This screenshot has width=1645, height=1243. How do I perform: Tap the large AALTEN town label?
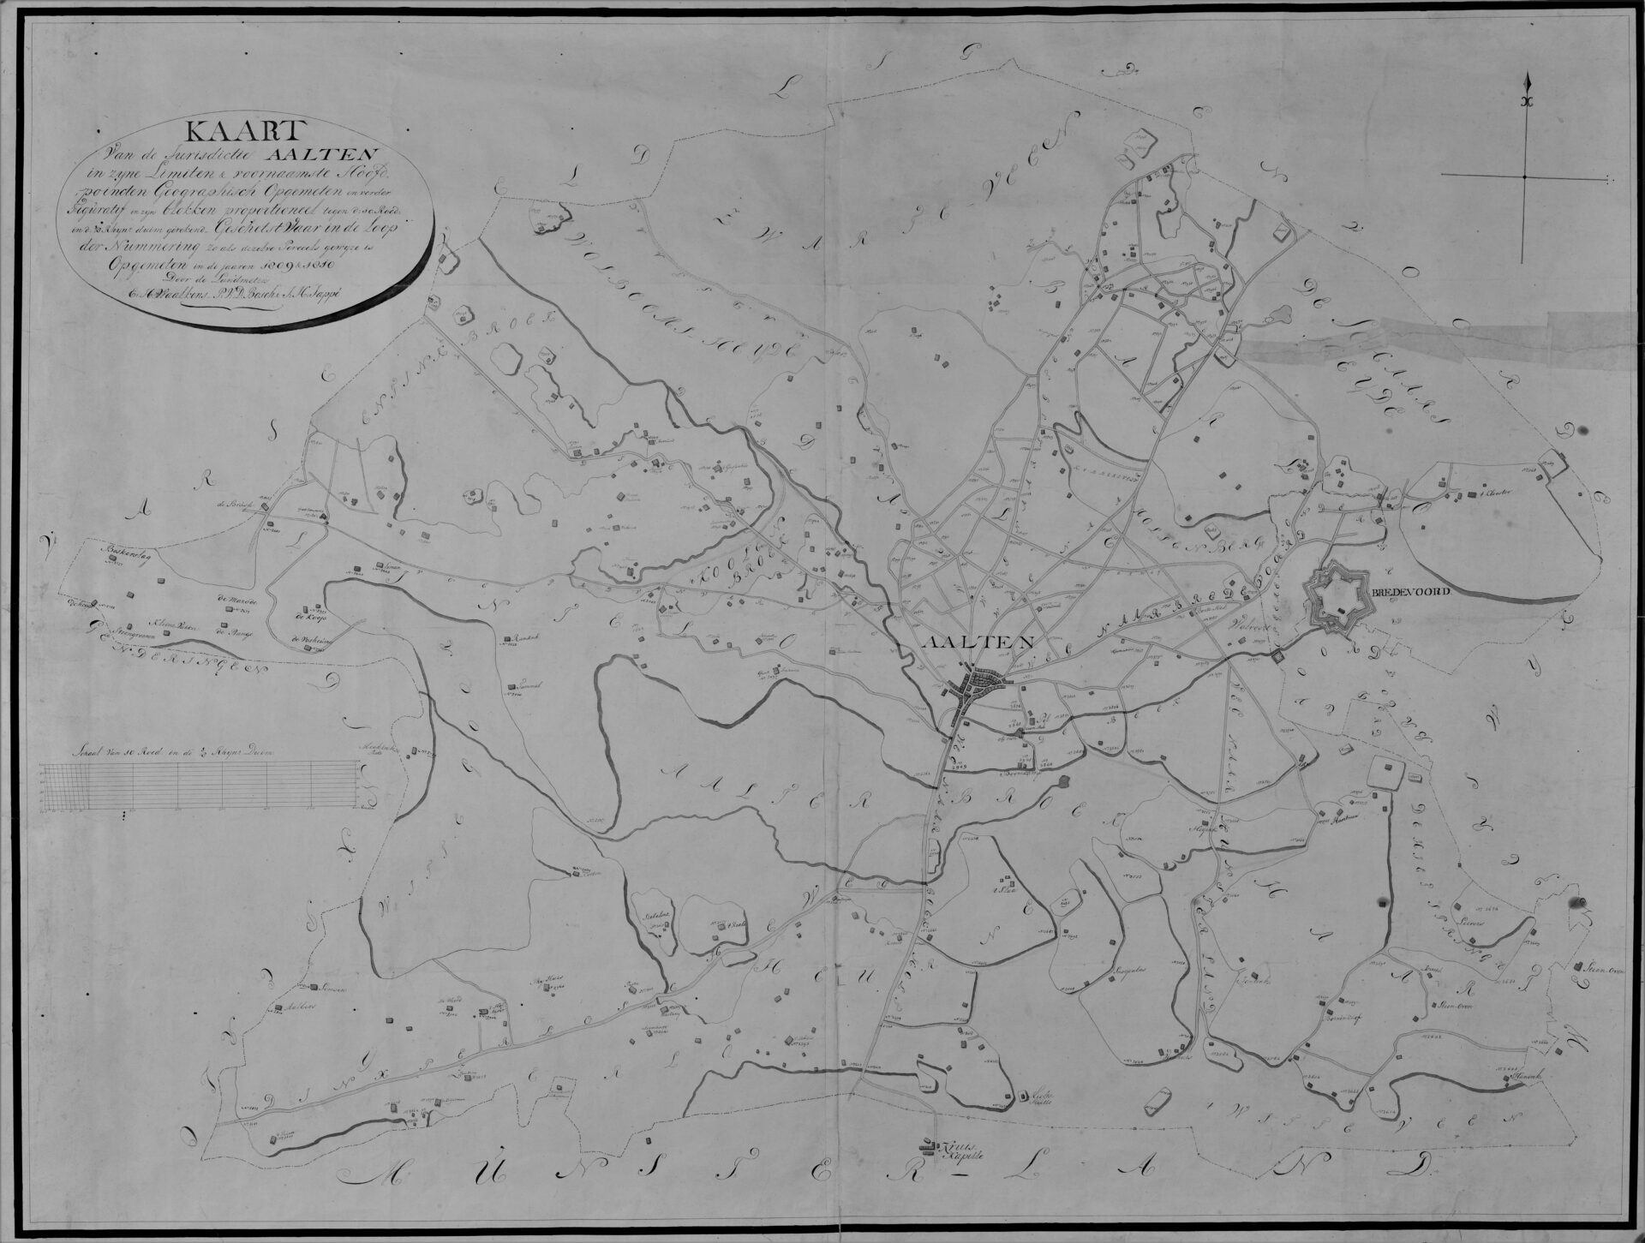pos(978,642)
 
